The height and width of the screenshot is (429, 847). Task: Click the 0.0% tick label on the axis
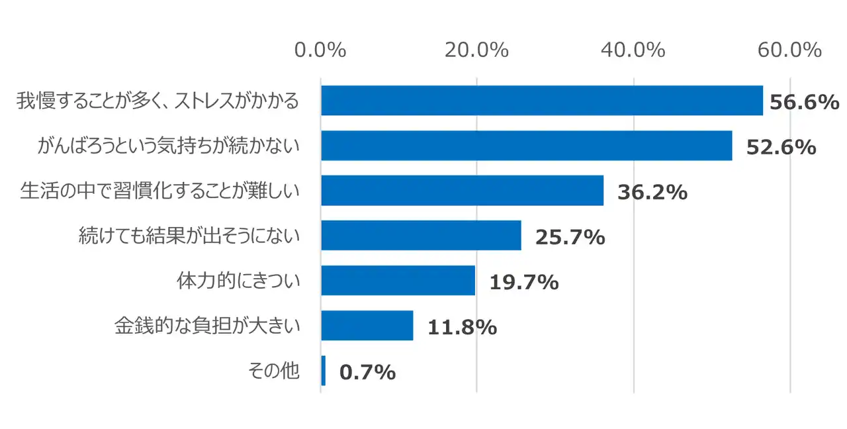coord(320,50)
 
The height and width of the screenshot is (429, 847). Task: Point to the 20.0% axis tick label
coord(476,50)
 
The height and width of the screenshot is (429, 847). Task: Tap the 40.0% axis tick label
coord(633,50)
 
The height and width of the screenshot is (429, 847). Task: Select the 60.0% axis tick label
coord(790,50)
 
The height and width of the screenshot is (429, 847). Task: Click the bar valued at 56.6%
coord(541,101)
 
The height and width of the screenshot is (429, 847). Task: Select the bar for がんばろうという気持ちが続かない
coord(526,146)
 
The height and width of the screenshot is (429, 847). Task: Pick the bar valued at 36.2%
coord(462,191)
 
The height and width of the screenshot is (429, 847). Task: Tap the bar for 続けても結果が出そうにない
coord(421,236)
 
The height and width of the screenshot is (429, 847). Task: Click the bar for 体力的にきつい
coord(398,281)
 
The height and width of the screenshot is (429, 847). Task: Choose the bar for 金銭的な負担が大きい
coord(367,326)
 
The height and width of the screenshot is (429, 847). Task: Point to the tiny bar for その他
coord(323,371)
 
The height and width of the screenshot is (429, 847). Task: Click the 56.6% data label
coord(804,103)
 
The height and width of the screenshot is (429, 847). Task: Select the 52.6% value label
coord(781,148)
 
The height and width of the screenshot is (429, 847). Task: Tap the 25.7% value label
coord(570,238)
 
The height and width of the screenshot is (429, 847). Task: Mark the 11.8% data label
coord(462,328)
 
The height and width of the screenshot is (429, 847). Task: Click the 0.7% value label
coord(367,373)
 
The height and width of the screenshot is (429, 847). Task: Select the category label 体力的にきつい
coord(238,281)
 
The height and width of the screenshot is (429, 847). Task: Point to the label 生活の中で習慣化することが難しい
coord(160,191)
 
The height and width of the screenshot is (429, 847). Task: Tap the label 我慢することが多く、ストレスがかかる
coord(157,101)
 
